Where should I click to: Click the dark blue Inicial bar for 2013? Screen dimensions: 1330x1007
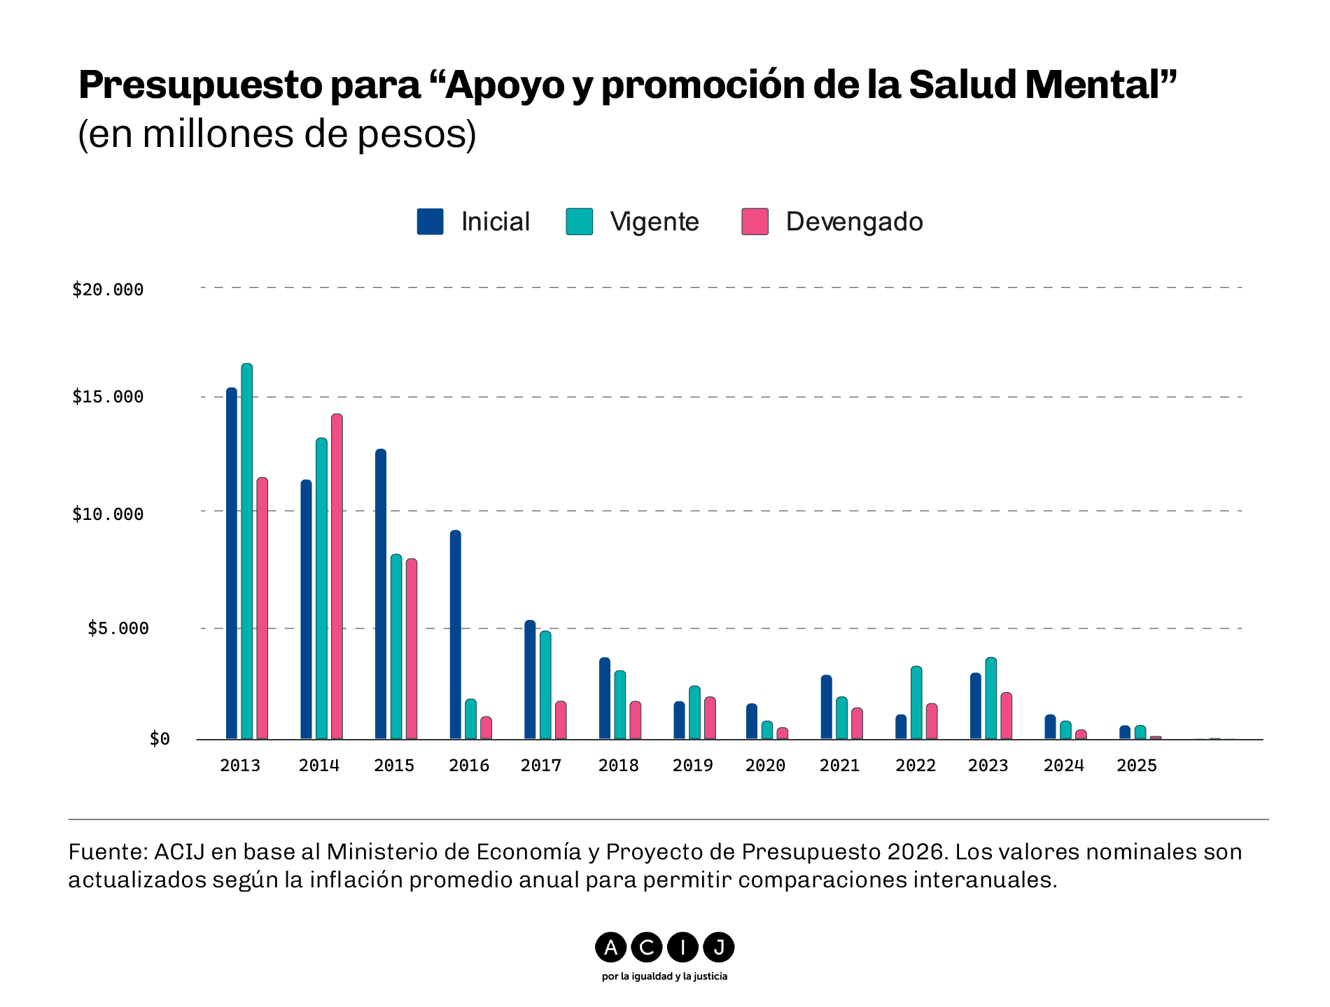(232, 563)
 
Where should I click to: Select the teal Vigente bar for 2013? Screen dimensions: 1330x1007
(247, 551)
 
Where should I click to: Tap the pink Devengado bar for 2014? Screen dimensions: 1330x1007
(337, 577)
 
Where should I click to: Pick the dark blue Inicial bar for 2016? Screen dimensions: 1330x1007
(456, 635)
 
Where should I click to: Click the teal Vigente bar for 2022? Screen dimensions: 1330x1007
(916, 703)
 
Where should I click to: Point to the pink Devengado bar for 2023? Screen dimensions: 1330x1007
(1007, 716)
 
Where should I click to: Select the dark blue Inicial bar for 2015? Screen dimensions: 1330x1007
(381, 594)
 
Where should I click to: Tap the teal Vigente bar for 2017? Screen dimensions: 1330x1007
(545, 685)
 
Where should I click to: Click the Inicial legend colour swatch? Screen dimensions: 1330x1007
(430, 221)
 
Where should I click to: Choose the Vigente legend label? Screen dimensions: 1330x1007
(654, 222)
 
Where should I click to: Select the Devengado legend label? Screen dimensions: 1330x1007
(854, 222)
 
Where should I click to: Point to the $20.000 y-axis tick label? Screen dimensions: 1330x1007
(108, 290)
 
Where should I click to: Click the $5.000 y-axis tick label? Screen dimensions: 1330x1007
(118, 628)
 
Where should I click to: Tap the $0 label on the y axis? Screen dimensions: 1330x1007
(160, 739)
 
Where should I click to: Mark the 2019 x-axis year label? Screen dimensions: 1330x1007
(693, 766)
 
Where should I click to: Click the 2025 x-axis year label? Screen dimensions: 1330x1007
(1137, 766)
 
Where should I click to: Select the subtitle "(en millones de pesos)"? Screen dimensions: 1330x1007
(277, 134)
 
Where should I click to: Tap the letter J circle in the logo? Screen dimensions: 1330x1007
(718, 948)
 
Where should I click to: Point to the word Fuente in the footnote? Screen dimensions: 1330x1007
(107, 852)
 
